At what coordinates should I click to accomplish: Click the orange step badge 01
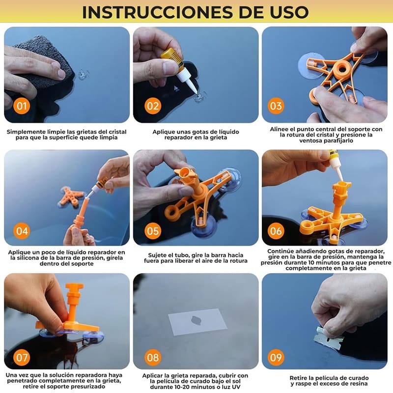pos(22,106)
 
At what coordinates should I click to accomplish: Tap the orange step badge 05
pos(153,231)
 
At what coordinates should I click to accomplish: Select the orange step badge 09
pos(276,358)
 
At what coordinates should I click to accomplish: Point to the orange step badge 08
pos(153,358)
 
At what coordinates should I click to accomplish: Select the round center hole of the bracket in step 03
pos(341,68)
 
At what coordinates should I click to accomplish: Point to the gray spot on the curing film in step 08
pos(196,320)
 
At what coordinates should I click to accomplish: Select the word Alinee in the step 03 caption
pos(279,129)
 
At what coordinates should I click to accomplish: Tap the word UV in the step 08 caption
pos(236,387)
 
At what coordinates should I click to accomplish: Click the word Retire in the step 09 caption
pos(298,378)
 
